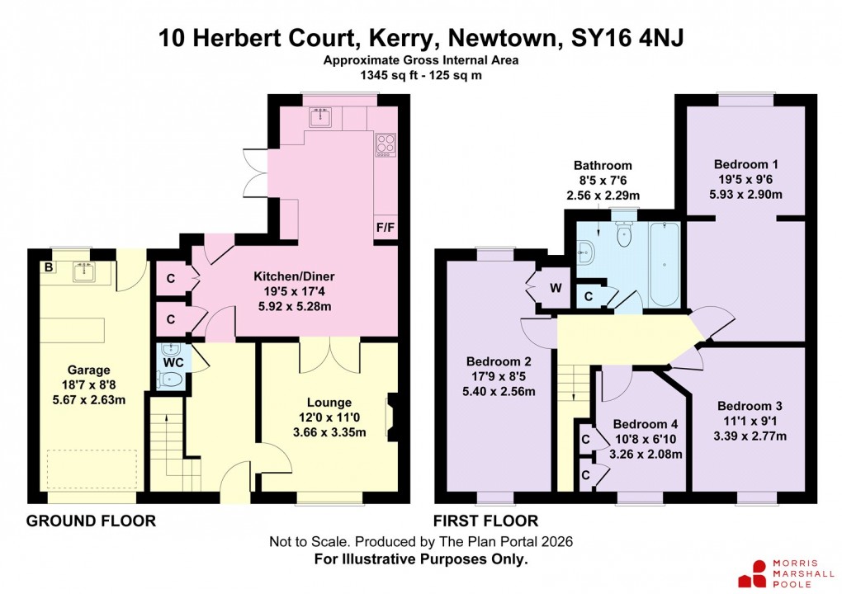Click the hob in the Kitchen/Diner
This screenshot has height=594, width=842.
[386, 144]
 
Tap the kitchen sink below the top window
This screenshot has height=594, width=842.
[319, 118]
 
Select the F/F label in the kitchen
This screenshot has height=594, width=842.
[384, 228]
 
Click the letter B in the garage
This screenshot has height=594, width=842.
[49, 267]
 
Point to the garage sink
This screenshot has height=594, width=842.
[85, 271]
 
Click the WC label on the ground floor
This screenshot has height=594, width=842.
[173, 362]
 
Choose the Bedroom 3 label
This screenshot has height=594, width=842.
[750, 406]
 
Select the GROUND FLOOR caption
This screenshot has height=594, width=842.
[91, 521]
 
